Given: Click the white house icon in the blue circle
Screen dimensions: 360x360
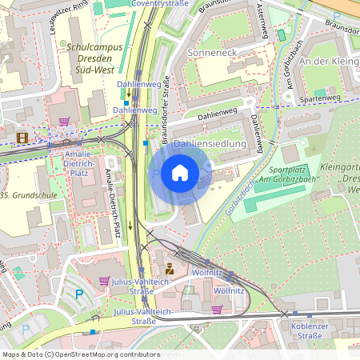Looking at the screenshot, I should coord(180,172).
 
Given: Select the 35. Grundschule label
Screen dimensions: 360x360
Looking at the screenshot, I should coord(26,194).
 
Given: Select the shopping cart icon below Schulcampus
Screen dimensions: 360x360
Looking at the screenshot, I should coord(63,122).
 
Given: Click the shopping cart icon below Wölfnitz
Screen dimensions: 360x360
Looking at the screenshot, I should coord(217,309).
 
